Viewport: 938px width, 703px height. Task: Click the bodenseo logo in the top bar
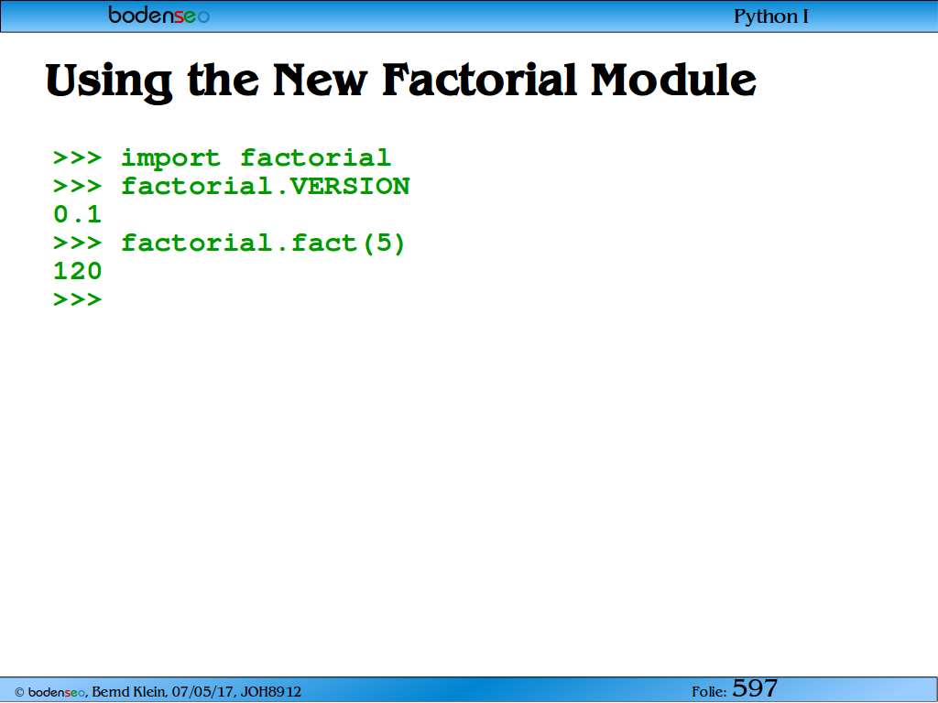coord(158,15)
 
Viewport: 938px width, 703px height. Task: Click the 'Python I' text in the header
coord(771,16)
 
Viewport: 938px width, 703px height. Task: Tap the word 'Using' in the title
coord(109,81)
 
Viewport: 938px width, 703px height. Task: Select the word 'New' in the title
coord(320,80)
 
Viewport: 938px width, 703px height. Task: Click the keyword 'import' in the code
coord(171,158)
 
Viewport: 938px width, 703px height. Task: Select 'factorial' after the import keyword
coord(316,157)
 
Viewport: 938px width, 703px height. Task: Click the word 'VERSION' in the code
coord(350,187)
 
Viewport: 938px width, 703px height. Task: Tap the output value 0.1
coord(78,214)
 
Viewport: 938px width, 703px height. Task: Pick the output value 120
coord(78,271)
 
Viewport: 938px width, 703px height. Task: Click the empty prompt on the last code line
coord(78,299)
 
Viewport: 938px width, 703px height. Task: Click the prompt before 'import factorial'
coord(78,157)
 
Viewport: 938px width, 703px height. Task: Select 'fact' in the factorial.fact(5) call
coord(324,243)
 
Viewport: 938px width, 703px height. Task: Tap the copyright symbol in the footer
coord(20,692)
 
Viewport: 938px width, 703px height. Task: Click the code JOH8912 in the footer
coord(271,692)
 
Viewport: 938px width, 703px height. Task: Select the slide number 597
coord(755,688)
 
